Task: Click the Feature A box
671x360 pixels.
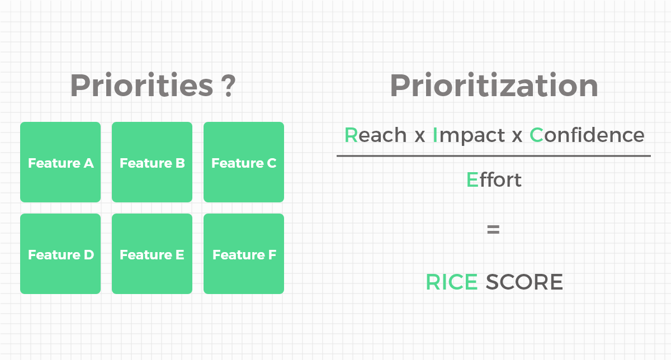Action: (x=60, y=162)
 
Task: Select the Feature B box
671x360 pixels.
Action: (x=152, y=162)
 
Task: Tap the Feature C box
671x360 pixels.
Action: (x=244, y=162)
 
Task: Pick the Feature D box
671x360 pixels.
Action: (x=60, y=254)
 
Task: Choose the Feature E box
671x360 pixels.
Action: (x=152, y=254)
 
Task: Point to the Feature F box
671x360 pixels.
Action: (x=244, y=254)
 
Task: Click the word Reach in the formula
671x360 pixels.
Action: (x=375, y=135)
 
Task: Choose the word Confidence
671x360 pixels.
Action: (x=587, y=135)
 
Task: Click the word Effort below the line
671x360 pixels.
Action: (x=494, y=180)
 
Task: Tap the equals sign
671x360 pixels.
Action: (x=493, y=229)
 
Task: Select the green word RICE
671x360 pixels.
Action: (x=452, y=282)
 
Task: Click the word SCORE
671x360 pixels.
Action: (x=524, y=282)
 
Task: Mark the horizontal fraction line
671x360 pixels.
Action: (x=494, y=156)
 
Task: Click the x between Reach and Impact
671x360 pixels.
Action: (x=419, y=137)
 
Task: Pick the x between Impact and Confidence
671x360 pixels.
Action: (x=517, y=137)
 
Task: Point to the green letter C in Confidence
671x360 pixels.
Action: (x=536, y=135)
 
